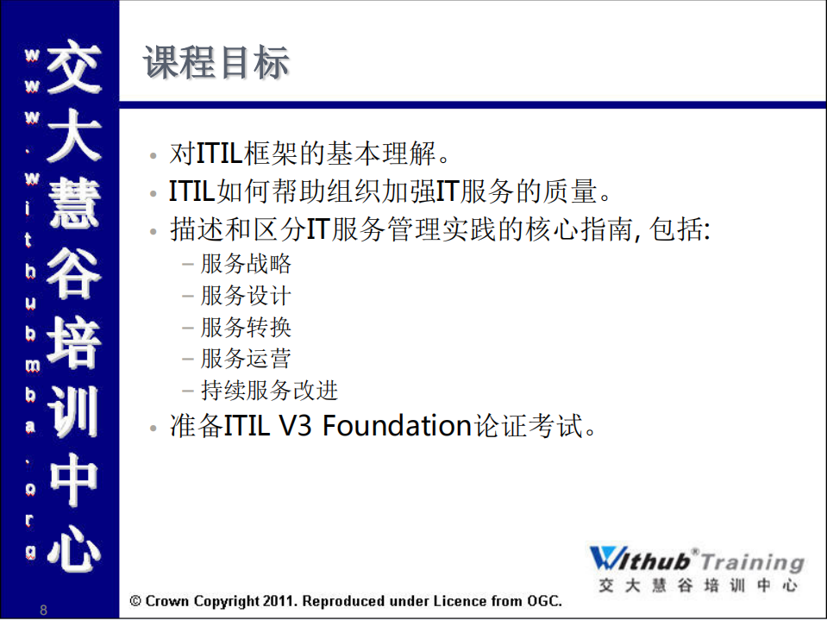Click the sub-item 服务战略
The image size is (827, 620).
coord(246,264)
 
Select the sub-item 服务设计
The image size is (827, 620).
coord(246,296)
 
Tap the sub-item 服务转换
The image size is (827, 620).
coord(246,328)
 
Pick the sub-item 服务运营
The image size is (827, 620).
coord(246,359)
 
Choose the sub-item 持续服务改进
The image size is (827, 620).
coord(269,391)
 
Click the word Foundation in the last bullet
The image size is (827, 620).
coord(398,426)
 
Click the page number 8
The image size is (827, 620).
coord(44,611)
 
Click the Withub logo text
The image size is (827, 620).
coord(642,561)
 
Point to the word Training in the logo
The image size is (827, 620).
coord(752,562)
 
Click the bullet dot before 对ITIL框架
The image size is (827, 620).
coord(153,157)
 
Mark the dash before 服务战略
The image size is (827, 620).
coord(188,265)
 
